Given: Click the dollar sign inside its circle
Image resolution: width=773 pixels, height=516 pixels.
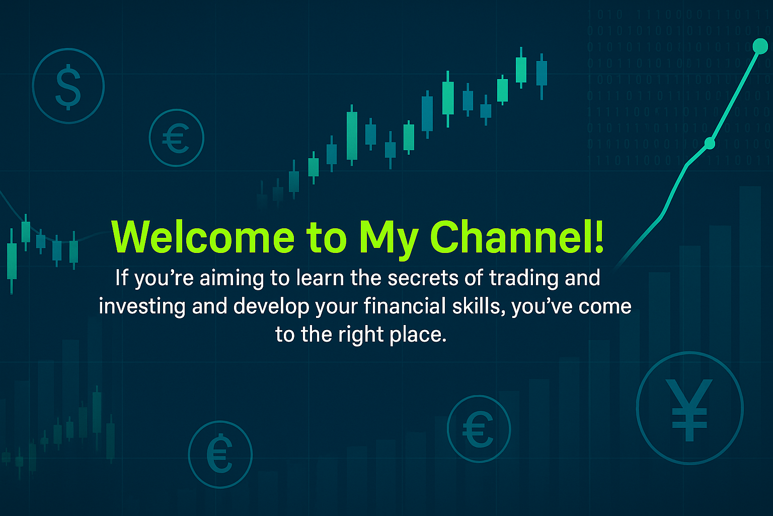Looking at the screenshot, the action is coord(68,87).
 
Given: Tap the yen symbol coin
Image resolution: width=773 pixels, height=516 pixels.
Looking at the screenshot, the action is coord(689,408).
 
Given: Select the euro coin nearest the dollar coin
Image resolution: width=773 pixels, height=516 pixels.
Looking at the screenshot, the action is coord(176,138).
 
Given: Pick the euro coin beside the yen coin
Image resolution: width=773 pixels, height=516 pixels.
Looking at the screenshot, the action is coord(479,428).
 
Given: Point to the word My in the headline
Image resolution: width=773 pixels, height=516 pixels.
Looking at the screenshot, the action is coord(388,240).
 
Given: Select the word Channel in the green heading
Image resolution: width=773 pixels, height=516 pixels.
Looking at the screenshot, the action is coord(509,237).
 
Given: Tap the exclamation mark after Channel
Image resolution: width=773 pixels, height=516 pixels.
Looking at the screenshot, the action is coord(599,237).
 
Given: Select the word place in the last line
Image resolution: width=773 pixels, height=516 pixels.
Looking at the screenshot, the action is coord(418,335).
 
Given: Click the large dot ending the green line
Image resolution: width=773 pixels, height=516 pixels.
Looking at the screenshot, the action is coord(760,46).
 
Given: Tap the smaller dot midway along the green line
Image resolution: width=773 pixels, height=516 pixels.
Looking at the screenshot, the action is coord(710,143).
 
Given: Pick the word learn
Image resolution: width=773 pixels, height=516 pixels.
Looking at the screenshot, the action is coord(320,278).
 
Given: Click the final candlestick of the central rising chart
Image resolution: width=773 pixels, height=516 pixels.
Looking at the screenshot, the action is coord(542,77).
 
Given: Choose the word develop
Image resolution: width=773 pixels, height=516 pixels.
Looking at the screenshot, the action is coord(271,307).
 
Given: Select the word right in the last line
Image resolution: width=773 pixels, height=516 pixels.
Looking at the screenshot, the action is coord(361,335).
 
